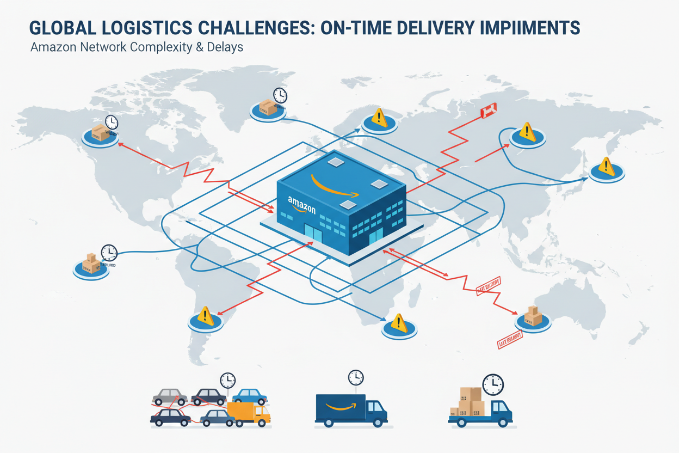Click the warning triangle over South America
tap(205, 315)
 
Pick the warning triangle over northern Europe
tap(379, 117)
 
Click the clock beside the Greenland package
tap(280, 95)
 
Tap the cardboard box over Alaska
tap(100, 132)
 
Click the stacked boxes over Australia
tap(533, 316)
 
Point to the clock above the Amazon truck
tap(355, 376)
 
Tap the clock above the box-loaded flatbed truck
tap(493, 384)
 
